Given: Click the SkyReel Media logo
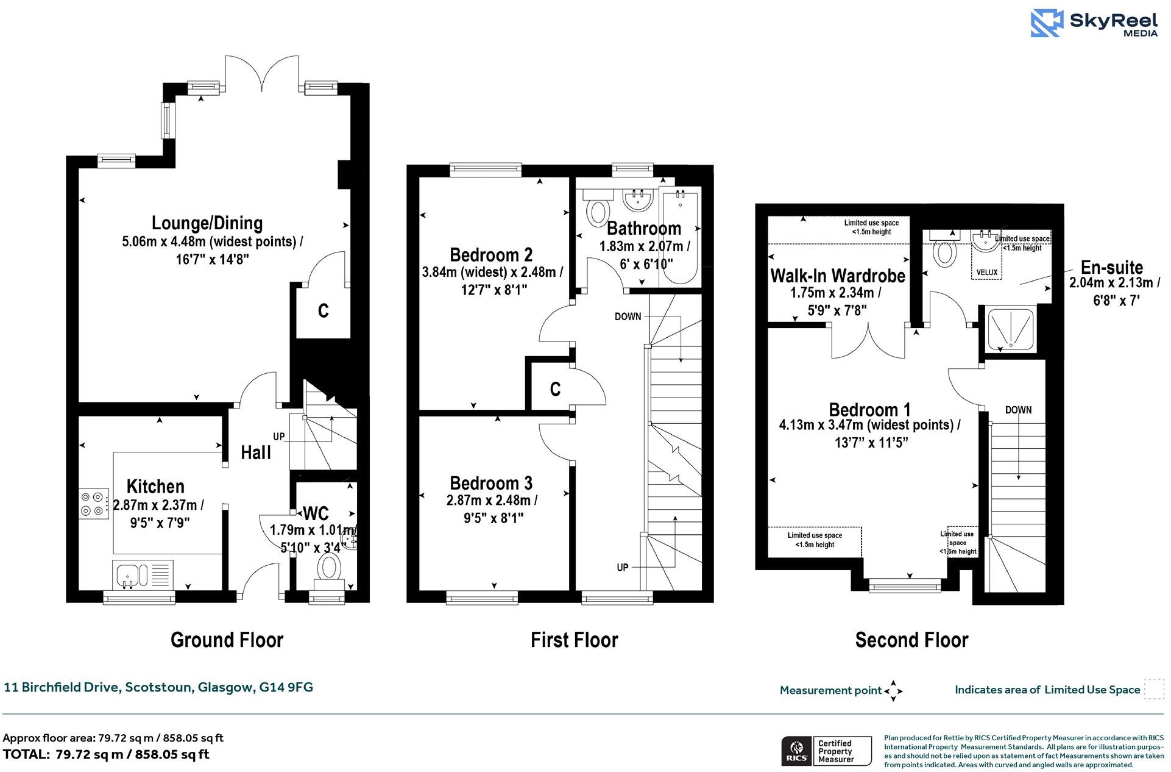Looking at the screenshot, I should coord(1094,23).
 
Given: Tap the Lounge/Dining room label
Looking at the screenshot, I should coord(207,223).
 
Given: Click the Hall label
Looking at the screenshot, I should coord(256,452).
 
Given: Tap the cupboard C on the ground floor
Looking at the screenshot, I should coord(324,311).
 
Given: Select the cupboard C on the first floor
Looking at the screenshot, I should coord(555,389).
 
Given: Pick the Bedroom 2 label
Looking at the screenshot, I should coord(491,254).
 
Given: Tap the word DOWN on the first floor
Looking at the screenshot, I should coord(628,316).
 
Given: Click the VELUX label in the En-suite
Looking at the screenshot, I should coord(986,272).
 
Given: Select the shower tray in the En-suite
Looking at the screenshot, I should coord(1010,330).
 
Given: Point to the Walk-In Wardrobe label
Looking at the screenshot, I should coord(838,276).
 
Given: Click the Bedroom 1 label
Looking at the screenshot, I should coord(870,410).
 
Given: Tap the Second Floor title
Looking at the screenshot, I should coord(911,640).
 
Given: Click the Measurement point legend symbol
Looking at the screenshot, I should coord(893,691).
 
